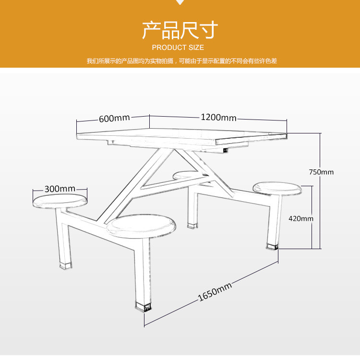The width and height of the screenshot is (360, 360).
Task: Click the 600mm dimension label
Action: (x=114, y=119)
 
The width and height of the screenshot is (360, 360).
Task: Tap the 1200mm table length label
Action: (x=218, y=118)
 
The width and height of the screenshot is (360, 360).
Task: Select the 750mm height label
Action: (x=321, y=172)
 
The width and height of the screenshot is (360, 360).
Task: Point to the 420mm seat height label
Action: (x=301, y=218)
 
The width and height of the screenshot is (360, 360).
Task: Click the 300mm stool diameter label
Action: (x=60, y=189)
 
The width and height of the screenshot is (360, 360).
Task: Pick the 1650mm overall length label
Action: (x=215, y=292)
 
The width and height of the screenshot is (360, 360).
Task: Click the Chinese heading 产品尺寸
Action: (x=180, y=30)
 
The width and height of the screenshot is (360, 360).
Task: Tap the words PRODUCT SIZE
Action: (x=178, y=48)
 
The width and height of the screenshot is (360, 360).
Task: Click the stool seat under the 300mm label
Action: (x=60, y=201)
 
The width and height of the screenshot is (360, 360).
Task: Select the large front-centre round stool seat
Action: (x=142, y=226)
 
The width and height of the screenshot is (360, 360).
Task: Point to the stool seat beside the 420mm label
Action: (x=277, y=189)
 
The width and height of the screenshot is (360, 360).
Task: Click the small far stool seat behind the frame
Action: (x=185, y=175)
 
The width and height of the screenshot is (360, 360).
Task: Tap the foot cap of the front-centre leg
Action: (x=143, y=307)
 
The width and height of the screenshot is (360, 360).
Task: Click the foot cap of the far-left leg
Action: (x=66, y=265)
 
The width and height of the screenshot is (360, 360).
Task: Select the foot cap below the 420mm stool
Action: (x=272, y=247)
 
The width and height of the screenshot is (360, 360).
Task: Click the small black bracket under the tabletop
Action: (x=226, y=150)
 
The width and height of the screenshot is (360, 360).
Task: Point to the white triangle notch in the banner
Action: (x=180, y=2)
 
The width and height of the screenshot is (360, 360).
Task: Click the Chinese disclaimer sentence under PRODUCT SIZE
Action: (x=182, y=61)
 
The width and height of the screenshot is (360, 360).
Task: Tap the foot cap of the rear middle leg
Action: (x=192, y=226)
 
